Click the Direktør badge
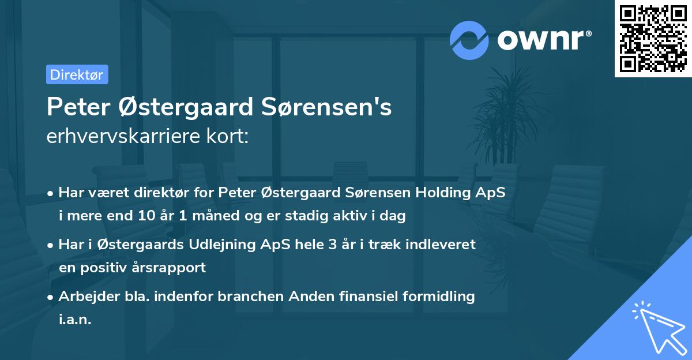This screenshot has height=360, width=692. [77, 74]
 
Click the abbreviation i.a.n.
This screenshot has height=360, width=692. [75, 320]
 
